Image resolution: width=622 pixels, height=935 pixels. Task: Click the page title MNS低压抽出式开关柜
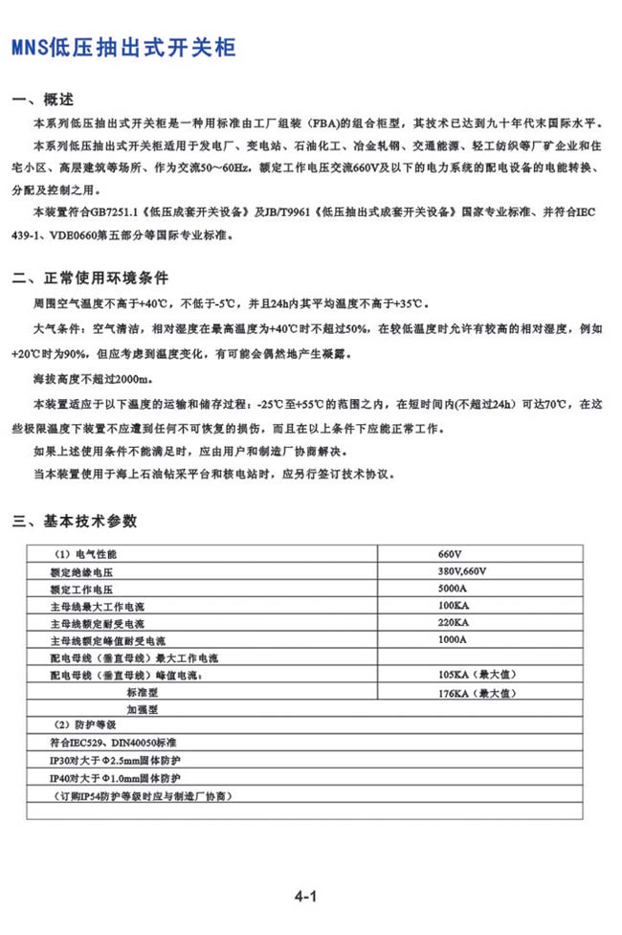122,48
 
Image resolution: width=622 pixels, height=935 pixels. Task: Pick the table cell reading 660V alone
450,555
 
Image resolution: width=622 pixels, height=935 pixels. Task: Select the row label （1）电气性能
87,555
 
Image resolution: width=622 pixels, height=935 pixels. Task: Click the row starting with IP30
114,760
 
